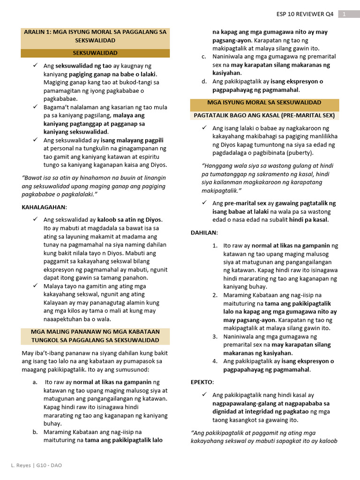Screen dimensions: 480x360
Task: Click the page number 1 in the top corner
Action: click(344, 14)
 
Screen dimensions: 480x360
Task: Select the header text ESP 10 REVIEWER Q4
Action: click(305, 14)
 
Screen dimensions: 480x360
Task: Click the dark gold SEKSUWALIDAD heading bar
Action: click(95, 53)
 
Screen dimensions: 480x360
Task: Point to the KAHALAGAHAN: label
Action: click(45, 207)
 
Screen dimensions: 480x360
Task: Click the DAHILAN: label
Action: click(204, 232)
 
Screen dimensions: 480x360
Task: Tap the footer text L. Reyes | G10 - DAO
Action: click(36, 465)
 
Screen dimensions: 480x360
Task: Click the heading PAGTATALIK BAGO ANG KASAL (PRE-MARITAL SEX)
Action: click(264, 115)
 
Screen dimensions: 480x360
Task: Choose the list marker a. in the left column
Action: click(35, 382)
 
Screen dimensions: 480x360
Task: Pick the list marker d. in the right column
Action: click(204, 82)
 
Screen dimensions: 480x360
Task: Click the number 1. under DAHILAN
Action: click(215, 246)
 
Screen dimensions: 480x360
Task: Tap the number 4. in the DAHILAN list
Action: click(215, 361)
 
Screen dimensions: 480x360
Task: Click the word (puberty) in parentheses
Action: click(298, 153)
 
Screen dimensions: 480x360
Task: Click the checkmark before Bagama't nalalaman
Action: click(35, 107)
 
